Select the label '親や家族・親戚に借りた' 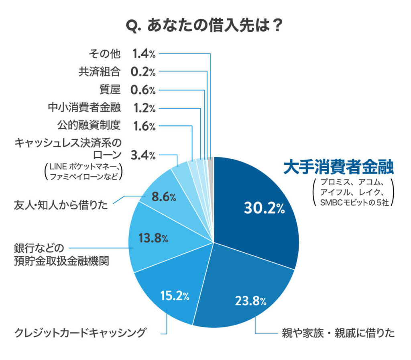point(337,333)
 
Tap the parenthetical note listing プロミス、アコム point(353,192)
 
